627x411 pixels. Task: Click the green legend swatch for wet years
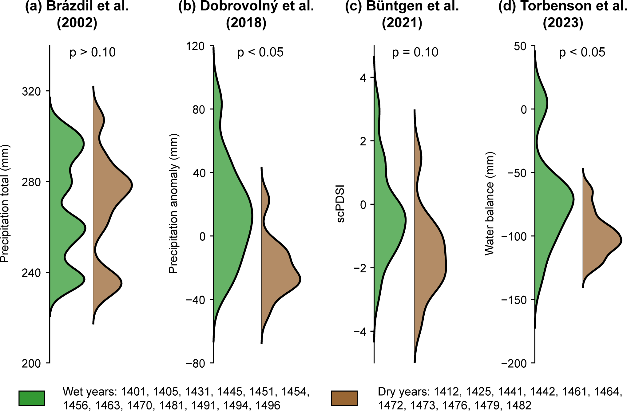[32, 398]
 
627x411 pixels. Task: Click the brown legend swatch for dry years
[344, 398]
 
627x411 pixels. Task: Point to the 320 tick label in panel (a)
[31, 92]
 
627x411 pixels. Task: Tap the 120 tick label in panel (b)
[195, 46]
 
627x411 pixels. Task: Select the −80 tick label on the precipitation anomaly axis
[195, 363]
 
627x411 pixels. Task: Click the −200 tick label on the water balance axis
[514, 363]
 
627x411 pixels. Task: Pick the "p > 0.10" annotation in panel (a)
[93, 53]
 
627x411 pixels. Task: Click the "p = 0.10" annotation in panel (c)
[415, 53]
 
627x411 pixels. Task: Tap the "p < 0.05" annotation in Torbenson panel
[582, 53]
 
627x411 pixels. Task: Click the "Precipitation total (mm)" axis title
[5, 204]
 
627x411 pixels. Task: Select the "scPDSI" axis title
[341, 204]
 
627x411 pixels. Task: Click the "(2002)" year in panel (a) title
[77, 23]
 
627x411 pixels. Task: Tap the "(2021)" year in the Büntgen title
[402, 23]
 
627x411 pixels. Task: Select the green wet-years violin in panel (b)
[231, 215]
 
